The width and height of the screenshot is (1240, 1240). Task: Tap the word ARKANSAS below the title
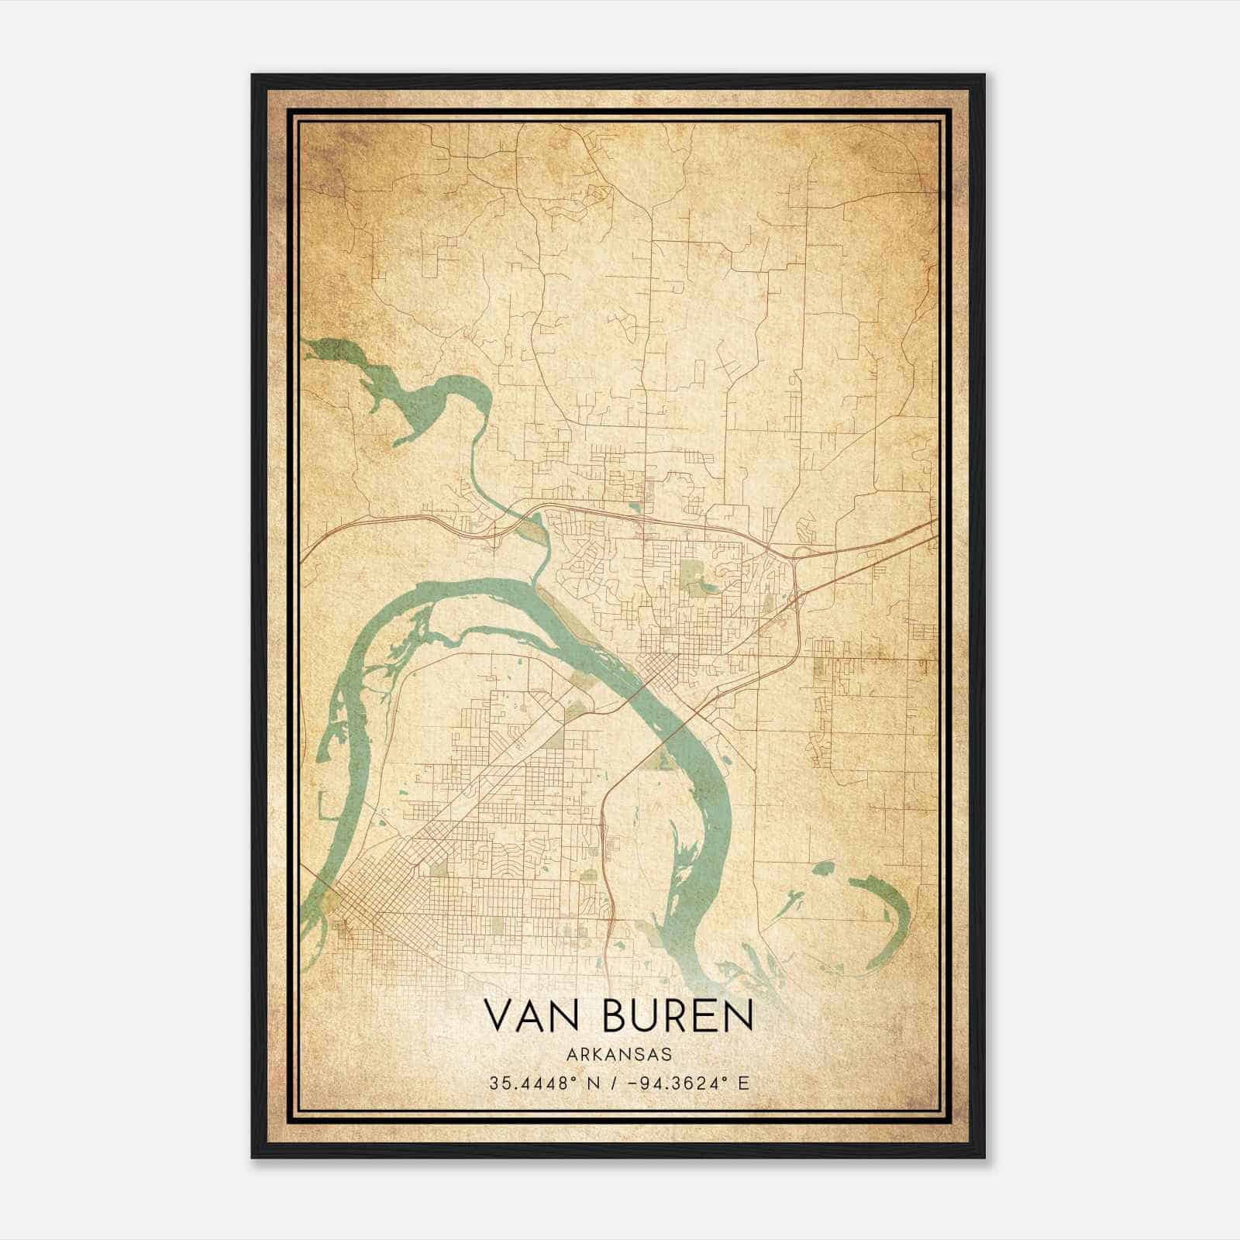(x=618, y=1055)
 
